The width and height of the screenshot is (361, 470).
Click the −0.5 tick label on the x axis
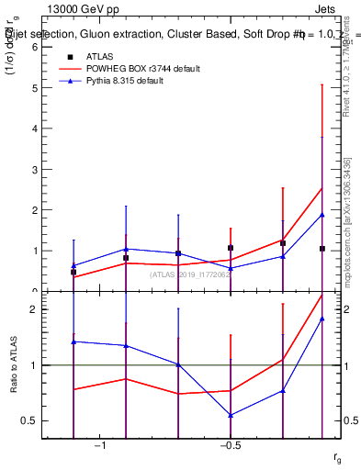(x=230, y=446)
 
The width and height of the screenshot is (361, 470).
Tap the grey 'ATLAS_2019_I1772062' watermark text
(x=192, y=274)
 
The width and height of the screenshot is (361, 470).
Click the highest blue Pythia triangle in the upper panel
(x=322, y=215)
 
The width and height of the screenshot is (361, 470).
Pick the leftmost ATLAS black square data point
(x=73, y=272)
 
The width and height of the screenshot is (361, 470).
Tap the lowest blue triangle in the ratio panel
(x=230, y=415)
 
